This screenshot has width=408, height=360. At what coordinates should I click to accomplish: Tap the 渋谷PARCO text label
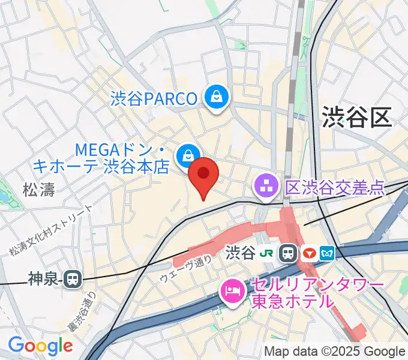click(154, 98)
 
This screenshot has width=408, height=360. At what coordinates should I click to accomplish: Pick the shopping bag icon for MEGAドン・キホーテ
click(188, 154)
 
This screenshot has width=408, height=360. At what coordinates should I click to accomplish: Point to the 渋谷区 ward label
click(356, 115)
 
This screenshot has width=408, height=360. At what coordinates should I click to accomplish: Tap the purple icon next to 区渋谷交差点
click(265, 187)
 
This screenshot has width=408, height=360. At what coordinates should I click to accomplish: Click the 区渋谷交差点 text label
click(334, 188)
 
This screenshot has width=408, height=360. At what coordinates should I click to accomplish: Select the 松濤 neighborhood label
click(38, 191)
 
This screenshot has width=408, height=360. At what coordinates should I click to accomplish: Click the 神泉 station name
click(44, 278)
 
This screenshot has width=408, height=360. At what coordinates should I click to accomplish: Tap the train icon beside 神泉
click(73, 278)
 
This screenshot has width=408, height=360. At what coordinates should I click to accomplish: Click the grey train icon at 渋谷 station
click(289, 253)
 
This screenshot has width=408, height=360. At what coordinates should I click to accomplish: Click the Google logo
click(40, 346)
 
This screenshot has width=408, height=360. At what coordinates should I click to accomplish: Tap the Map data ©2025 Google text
click(335, 351)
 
